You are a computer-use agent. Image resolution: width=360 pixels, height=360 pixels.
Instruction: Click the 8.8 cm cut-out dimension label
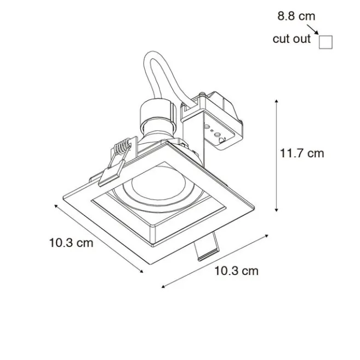(296, 16)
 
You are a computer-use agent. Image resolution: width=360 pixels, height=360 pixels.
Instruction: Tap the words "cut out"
(292, 39)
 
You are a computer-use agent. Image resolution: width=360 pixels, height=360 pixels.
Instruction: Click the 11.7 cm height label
(302, 153)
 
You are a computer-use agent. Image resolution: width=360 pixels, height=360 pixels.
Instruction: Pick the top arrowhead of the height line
(277, 102)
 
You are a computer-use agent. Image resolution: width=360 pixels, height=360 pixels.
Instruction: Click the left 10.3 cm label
(71, 243)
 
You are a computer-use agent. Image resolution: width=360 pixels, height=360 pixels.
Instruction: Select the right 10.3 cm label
(236, 270)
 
